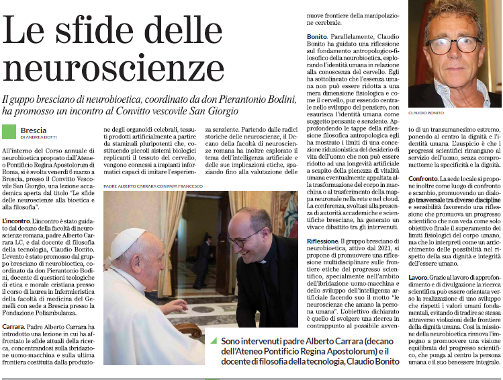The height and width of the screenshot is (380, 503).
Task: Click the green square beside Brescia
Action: (x=9, y=132)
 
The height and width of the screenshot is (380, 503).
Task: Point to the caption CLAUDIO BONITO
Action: (x=427, y=113)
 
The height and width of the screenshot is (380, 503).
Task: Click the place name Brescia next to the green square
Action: (x=34, y=130)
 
